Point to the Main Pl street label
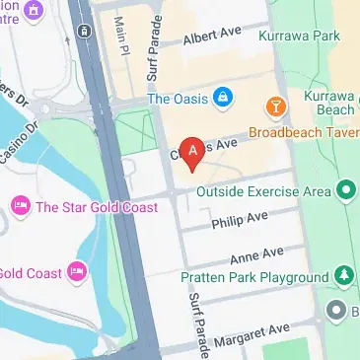122,36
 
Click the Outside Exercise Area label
260,190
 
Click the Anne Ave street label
256,254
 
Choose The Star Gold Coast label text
82,206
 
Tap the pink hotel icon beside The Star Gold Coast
20,205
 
